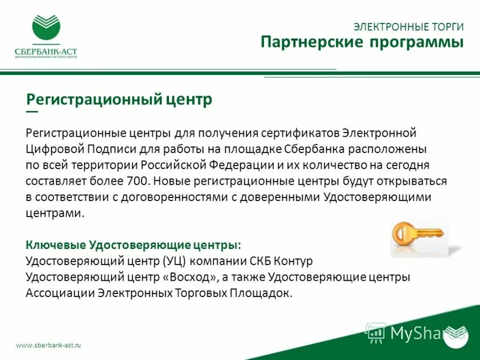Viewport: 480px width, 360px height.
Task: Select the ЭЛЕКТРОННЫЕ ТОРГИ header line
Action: point(409,27)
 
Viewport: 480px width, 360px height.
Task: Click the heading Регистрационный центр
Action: point(119,99)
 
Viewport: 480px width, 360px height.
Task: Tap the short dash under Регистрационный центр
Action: point(32,112)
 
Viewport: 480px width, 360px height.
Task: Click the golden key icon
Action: point(418,233)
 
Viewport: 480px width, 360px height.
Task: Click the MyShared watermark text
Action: point(427,332)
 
